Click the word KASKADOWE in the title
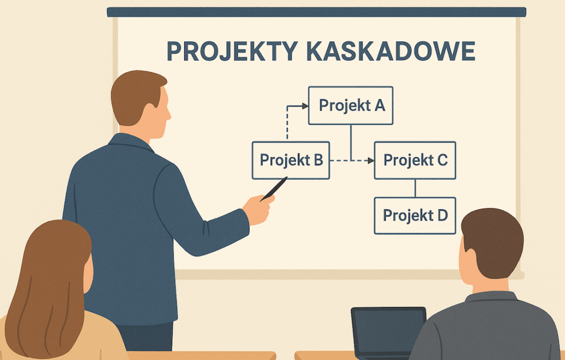coord(391,51)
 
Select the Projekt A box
coord(350,105)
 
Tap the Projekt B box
coord(291,160)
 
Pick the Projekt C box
coord(415,160)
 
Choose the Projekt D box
coord(415,216)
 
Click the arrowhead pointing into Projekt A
coord(305,106)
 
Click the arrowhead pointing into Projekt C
coord(370,161)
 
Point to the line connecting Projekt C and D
coord(415,188)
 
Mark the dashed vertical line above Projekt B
coord(287,123)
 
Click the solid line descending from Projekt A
coord(351,142)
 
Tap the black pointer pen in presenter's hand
coord(274,189)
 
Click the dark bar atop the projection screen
coord(316,12)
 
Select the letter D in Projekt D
coord(443,215)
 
